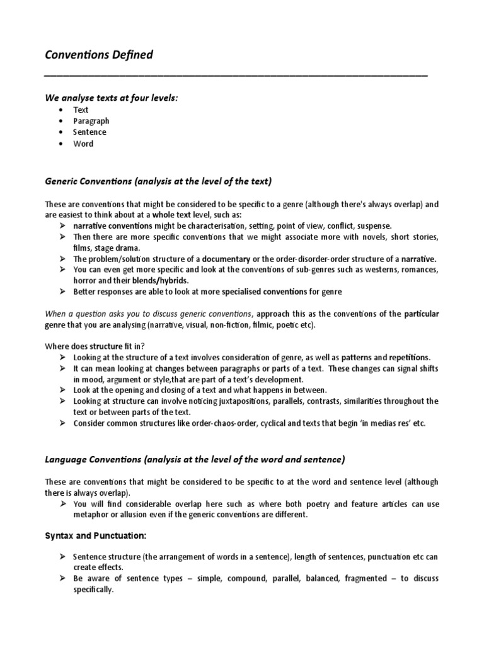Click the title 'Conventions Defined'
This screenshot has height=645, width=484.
(99, 55)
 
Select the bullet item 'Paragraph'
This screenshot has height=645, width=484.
(91, 121)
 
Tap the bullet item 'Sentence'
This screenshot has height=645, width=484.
(89, 132)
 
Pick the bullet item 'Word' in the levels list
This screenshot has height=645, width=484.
(83, 144)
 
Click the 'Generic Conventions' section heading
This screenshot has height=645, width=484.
(158, 181)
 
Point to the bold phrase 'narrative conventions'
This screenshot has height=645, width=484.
(112, 225)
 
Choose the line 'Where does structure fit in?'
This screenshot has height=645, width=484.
(95, 346)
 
